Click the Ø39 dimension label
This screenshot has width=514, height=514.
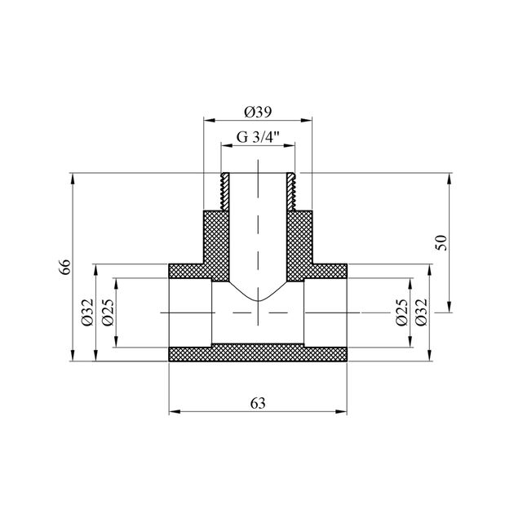258,113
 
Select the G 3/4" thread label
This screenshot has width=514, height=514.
258,137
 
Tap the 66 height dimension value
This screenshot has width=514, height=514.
65,267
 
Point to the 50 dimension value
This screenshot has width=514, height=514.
442,242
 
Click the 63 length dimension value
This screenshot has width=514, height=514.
258,404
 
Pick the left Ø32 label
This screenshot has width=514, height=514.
88,312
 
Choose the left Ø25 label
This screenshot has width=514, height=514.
108,312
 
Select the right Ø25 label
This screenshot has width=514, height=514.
402,312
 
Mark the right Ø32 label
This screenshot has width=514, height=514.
422,312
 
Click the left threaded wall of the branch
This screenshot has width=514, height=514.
225,192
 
